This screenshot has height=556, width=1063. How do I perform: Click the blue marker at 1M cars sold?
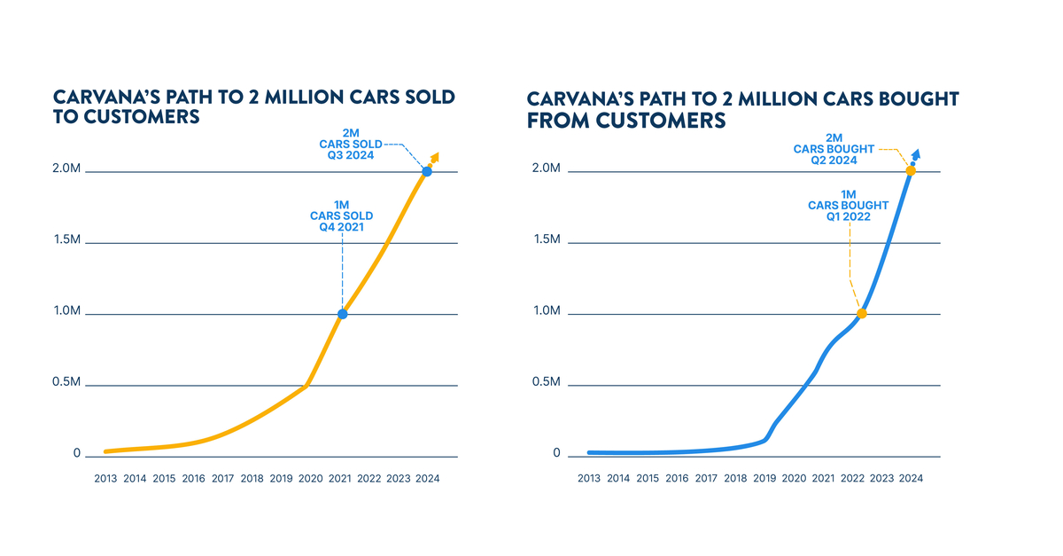(343, 314)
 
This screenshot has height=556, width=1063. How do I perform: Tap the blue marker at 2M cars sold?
(427, 171)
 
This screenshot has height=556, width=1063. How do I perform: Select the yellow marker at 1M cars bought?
(861, 313)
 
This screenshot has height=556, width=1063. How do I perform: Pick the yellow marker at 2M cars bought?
(910, 170)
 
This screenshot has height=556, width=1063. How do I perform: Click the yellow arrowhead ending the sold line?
(435, 157)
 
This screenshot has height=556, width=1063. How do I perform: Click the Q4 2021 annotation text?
(341, 227)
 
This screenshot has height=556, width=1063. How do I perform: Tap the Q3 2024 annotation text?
(350, 154)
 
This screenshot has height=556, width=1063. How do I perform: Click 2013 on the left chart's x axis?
(105, 478)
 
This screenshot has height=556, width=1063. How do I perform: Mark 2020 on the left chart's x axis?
(311, 478)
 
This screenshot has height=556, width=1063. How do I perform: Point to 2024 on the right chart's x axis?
(911, 478)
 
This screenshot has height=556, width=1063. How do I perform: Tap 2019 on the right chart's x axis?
(764, 478)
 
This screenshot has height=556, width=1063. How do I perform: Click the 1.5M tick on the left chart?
(67, 240)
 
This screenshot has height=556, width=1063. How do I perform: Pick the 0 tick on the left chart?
(77, 453)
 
